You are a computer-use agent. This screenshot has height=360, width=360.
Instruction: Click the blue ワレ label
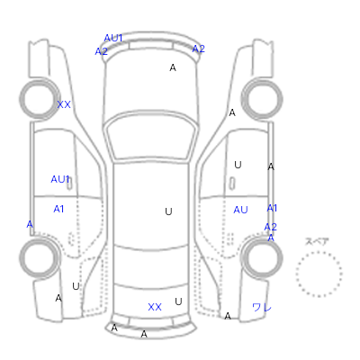point(262,307)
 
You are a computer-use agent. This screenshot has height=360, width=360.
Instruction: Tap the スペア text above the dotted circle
point(317,241)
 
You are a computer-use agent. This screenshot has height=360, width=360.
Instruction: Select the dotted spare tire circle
point(319,274)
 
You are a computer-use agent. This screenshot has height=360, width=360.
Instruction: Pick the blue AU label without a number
point(240,210)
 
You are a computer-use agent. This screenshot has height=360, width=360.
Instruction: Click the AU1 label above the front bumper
point(113,38)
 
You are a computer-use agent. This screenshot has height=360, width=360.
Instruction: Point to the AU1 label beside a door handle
point(60,179)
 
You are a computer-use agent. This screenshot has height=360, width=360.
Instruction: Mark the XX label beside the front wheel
point(64,104)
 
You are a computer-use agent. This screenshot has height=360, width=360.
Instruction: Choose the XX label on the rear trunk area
point(155,307)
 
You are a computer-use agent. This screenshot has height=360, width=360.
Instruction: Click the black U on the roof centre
point(168,211)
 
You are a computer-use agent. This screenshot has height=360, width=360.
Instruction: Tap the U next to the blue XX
point(178,301)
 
